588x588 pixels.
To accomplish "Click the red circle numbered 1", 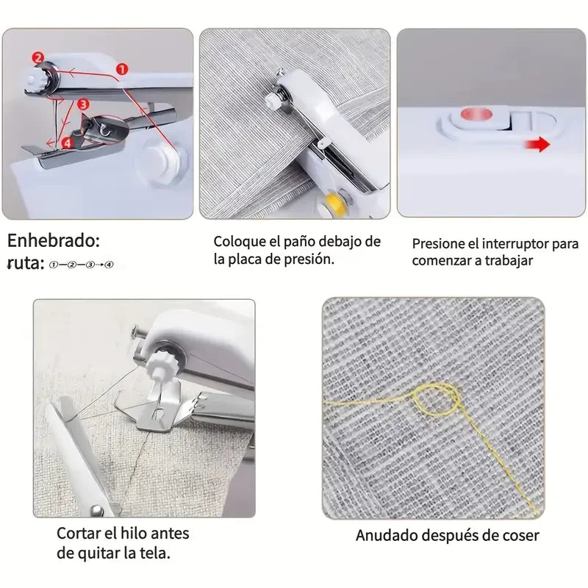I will click(x=123, y=68).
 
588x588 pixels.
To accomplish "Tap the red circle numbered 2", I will click(x=38, y=57).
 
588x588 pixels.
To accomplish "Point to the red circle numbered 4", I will click(x=67, y=143).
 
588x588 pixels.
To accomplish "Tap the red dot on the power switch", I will click(x=475, y=114).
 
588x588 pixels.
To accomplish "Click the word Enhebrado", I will click(x=54, y=240).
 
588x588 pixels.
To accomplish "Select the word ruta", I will click(x=25, y=263).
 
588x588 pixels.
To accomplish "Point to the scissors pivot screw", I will click(x=96, y=508).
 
